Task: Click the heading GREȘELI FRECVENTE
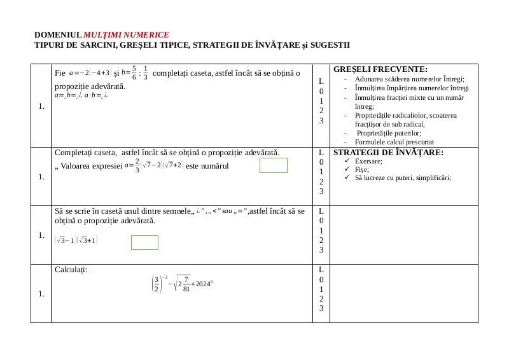pos(380,69)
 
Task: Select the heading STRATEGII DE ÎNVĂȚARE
pos(388,153)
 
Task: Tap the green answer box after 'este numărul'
pos(274,165)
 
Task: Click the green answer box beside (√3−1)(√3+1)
pos(144,242)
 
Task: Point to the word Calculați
pos(71,270)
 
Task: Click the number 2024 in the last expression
pos(202,283)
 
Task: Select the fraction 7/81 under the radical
pos(186,284)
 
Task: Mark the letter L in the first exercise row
pos(321,82)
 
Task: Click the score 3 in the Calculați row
pos(321,308)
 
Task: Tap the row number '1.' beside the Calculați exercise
pos(41,293)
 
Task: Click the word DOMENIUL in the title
pos(58,34)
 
